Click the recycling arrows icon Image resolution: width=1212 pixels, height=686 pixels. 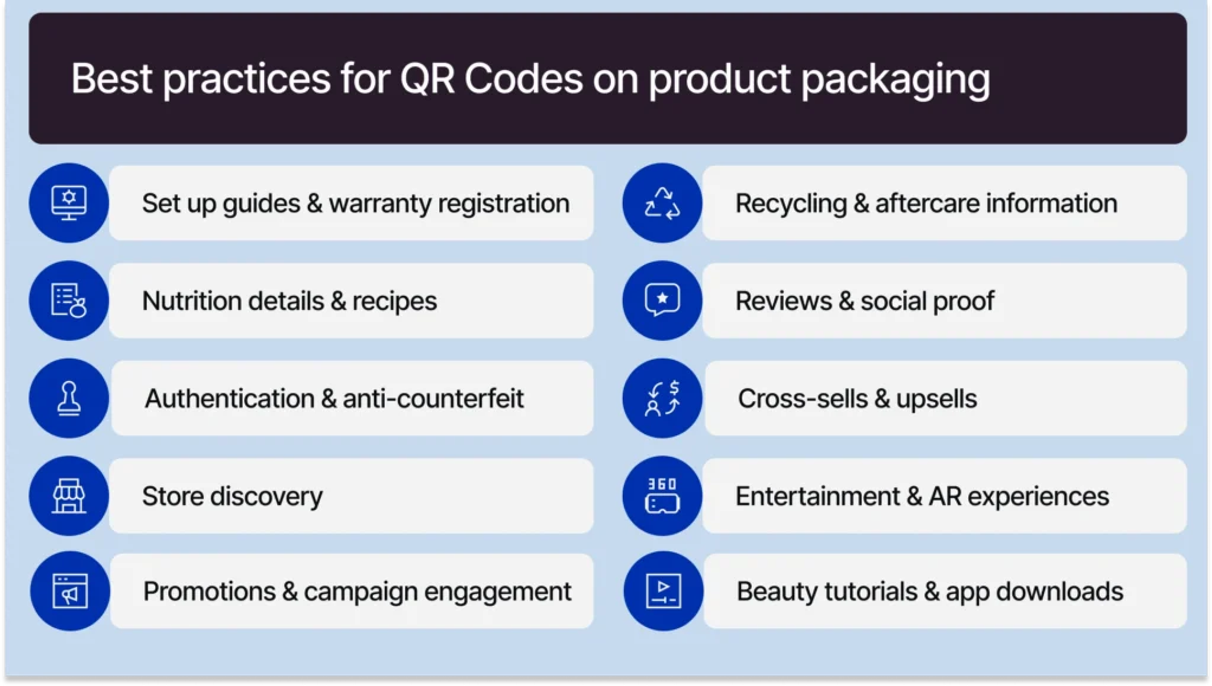pyautogui.click(x=662, y=203)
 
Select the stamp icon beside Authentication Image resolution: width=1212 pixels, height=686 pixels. pyautogui.click(x=69, y=398)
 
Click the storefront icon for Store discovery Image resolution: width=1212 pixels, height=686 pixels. pyautogui.click(x=69, y=495)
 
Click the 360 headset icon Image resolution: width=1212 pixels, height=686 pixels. pyautogui.click(x=662, y=495)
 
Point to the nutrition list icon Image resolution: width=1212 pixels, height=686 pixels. pyautogui.click(x=69, y=300)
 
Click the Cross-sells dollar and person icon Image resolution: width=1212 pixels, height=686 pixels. pyautogui.click(x=662, y=398)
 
